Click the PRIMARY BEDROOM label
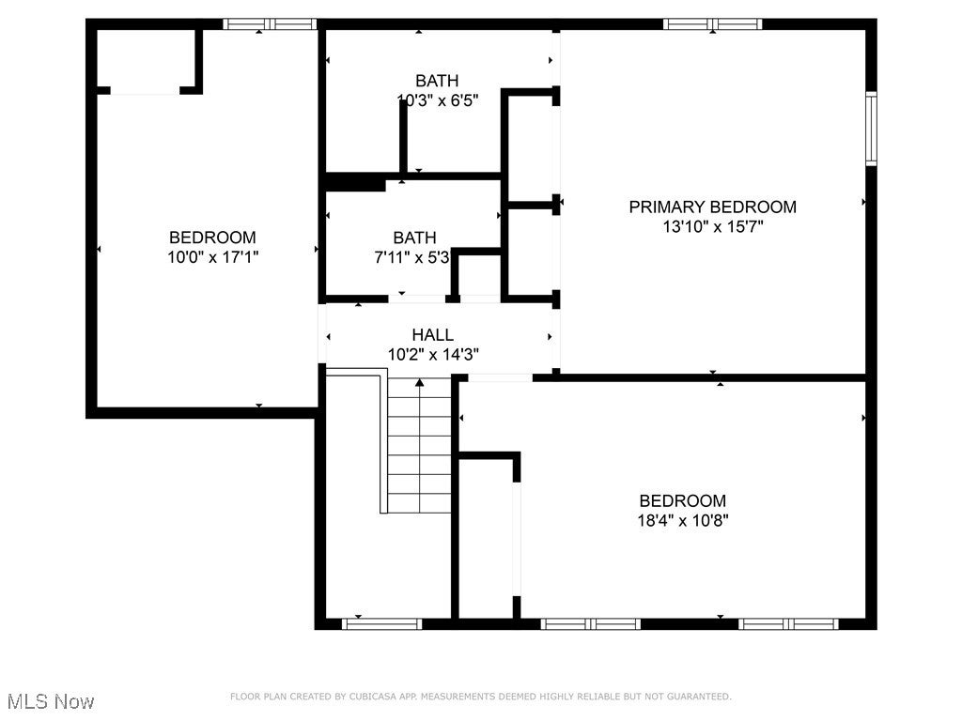coord(712,207)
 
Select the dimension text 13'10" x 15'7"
coord(712,226)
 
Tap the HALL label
coord(432,334)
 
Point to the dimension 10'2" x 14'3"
coord(432,354)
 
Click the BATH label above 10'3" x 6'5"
coord(437,81)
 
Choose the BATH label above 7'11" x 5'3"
coord(414,238)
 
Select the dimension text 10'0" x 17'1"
coord(212,256)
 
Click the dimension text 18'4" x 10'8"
coord(682,520)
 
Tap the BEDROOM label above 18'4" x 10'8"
coord(682,500)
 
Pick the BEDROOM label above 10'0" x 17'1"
coord(212,238)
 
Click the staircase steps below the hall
coord(419,451)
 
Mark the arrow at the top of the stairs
coord(419,382)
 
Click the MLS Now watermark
coord(50,701)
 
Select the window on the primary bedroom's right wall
coord(871,128)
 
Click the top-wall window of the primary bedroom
coord(713,24)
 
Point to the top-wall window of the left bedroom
coord(270,24)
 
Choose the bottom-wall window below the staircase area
coord(381,622)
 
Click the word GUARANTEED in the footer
coord(698,697)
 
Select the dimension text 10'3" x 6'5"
coord(437,100)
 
